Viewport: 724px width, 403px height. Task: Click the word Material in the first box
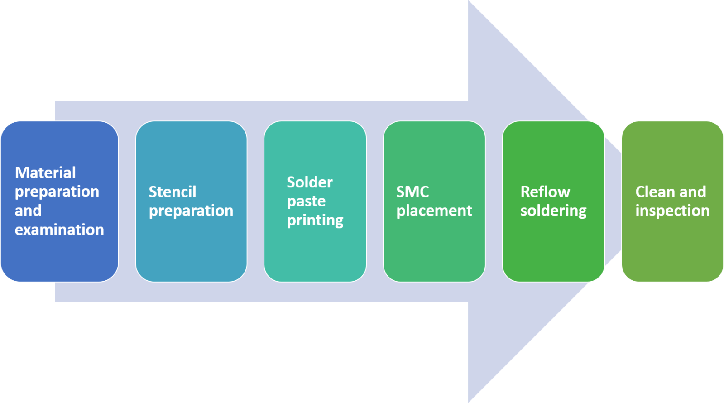pyautogui.click(x=45, y=173)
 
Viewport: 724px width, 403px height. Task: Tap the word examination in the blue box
pyautogui.click(x=59, y=230)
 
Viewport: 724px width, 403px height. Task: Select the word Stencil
pyautogui.click(x=173, y=192)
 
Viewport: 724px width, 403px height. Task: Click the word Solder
pyautogui.click(x=310, y=182)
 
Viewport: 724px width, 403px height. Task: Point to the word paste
pyautogui.click(x=306, y=201)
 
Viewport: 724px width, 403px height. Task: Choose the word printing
pyautogui.click(x=315, y=220)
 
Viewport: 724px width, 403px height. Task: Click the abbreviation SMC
pyautogui.click(x=412, y=192)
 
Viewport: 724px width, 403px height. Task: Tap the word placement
pyautogui.click(x=434, y=211)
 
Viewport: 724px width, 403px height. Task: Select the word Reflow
pyautogui.click(x=545, y=192)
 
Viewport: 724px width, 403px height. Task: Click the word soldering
pyautogui.click(x=553, y=211)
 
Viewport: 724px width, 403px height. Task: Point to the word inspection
pyautogui.click(x=672, y=211)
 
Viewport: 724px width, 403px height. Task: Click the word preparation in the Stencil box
pyautogui.click(x=191, y=211)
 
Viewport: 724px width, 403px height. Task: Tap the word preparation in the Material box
pyautogui.click(x=57, y=192)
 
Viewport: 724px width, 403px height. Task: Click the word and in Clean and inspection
pyautogui.click(x=693, y=192)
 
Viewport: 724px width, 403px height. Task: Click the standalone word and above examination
pyautogui.click(x=28, y=211)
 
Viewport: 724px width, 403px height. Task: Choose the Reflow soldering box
pyautogui.click(x=553, y=249)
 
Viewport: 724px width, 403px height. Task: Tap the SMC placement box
pyautogui.click(x=434, y=249)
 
